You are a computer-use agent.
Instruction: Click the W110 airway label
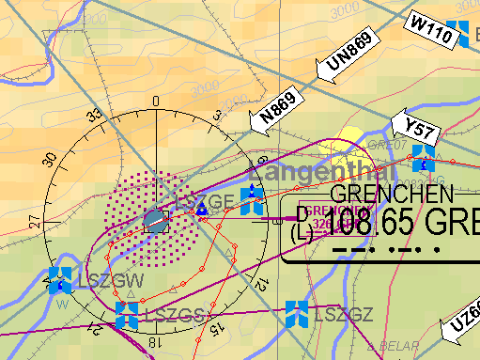[x=429, y=31]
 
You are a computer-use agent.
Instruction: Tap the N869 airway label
[x=278, y=106]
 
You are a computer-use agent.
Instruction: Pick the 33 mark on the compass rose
[x=93, y=117]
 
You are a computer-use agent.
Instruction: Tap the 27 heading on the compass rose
[x=34, y=222]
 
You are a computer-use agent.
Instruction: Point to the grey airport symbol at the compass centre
[x=156, y=223]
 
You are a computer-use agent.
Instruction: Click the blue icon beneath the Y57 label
[x=424, y=156]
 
